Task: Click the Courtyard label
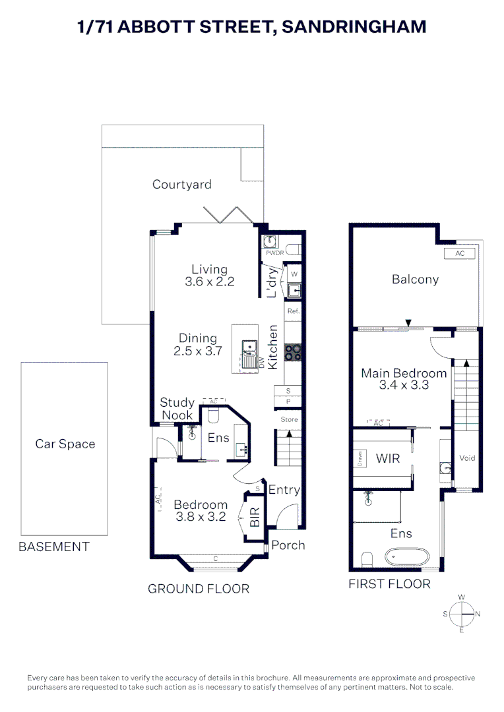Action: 181,185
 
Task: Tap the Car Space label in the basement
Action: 65,444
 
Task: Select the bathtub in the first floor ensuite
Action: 408,557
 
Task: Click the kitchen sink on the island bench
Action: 249,347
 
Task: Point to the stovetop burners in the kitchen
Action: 293,353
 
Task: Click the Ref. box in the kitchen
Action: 293,311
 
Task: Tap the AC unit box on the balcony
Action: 460,254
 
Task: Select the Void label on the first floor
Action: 467,458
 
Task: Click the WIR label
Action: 388,458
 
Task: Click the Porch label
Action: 288,545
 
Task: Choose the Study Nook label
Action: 177,409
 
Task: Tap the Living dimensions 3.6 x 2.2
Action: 209,282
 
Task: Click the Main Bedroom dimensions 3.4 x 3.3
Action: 403,385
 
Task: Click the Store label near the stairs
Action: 289,419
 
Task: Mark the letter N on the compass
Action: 478,614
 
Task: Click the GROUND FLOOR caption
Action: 198,589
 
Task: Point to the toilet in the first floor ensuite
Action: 367,560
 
